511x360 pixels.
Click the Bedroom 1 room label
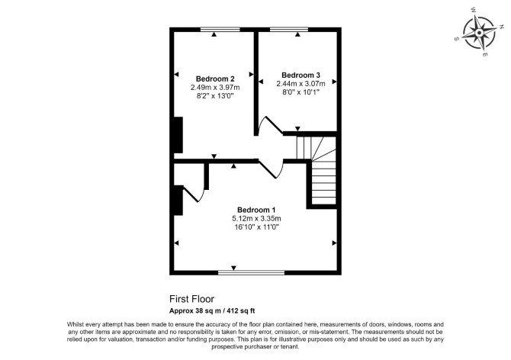(x=256, y=210)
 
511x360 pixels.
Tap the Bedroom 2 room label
(x=215, y=79)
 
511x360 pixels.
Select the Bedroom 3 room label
(x=300, y=76)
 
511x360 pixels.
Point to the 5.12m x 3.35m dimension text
(x=256, y=218)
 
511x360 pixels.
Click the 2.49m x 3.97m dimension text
(x=215, y=87)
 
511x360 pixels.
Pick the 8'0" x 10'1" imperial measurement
(x=300, y=92)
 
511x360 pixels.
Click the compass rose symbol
(x=479, y=33)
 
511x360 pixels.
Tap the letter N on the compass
(x=501, y=27)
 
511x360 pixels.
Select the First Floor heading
(x=191, y=299)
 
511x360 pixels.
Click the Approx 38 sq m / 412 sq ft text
(x=212, y=311)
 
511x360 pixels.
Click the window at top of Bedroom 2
(x=220, y=30)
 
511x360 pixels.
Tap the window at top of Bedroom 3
(x=289, y=30)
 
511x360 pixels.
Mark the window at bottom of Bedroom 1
(x=251, y=272)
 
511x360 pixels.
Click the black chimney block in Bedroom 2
(x=178, y=135)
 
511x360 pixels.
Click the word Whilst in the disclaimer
(x=74, y=324)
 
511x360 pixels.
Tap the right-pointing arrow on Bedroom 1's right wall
(x=334, y=243)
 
